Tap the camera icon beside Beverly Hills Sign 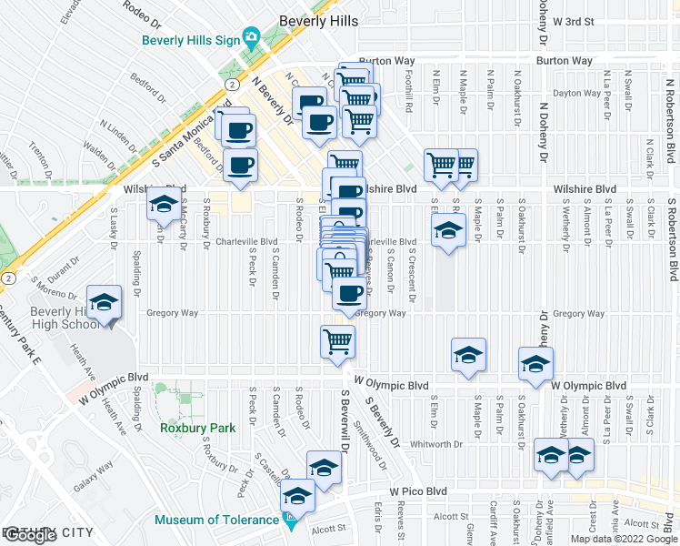[252, 38]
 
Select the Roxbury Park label [197, 428]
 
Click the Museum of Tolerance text [215, 521]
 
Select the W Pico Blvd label [419, 491]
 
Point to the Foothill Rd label [410, 94]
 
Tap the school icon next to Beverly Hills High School [105, 302]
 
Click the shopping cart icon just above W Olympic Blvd [337, 342]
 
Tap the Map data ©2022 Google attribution [623, 538]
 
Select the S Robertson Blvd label [673, 227]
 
